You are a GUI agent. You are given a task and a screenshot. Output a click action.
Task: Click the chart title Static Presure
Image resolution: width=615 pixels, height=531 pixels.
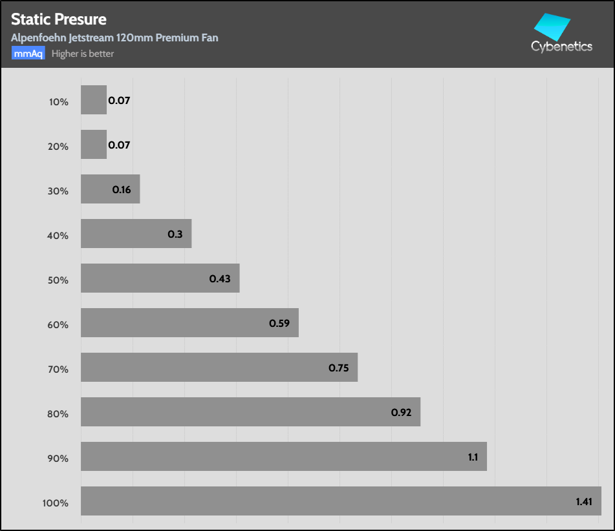point(59,19)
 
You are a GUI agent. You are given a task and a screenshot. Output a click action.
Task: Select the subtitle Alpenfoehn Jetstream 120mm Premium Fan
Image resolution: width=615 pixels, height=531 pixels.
point(114,37)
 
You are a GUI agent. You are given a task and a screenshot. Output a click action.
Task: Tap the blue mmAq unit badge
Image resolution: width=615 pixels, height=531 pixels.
point(28,54)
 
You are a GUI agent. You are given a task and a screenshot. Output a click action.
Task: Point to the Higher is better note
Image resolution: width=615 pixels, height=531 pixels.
point(83,54)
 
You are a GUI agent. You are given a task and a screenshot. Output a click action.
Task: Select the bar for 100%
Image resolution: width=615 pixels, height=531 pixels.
point(341,501)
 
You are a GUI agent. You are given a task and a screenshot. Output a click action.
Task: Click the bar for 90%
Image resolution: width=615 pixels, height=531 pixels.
point(283,456)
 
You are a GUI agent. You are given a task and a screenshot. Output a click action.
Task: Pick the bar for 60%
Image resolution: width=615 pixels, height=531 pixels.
point(189,322)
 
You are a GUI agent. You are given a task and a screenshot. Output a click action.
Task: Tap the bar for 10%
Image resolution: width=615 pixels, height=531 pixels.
point(94,100)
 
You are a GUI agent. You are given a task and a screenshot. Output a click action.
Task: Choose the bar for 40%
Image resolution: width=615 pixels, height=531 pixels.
point(136,233)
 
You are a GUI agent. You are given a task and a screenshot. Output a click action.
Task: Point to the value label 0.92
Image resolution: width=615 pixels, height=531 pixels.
point(402,412)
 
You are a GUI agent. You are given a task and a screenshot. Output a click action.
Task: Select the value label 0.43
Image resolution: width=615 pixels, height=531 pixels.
point(220,278)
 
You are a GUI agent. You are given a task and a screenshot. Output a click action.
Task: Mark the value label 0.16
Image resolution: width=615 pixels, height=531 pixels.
point(122,190)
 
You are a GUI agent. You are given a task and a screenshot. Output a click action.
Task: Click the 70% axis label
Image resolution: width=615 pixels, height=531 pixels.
point(58,370)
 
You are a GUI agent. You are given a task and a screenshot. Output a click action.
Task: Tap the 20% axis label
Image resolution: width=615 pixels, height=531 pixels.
point(58,147)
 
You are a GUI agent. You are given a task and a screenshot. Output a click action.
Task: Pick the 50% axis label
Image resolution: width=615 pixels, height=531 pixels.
point(58,280)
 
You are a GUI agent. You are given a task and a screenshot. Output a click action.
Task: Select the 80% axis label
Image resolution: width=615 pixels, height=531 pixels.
point(58,414)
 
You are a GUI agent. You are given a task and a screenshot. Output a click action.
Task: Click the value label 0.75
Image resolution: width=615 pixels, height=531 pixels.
point(339,368)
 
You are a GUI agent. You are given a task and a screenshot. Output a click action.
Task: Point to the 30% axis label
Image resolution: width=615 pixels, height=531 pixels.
point(58,191)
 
